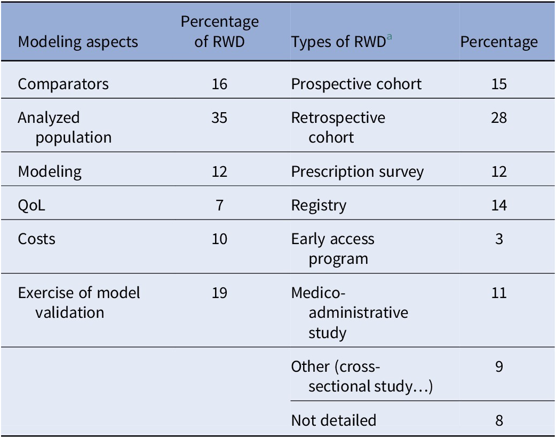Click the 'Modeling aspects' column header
[x=78, y=42]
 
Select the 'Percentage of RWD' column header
[x=219, y=32]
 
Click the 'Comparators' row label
[x=63, y=84]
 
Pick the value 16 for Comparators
[x=219, y=84]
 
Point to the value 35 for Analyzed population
[x=219, y=118]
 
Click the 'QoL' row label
[x=32, y=206]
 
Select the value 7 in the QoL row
[x=219, y=206]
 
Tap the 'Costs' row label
[x=36, y=239]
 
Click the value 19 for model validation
[x=219, y=293]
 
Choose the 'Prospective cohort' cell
[x=356, y=84]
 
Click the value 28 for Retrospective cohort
[x=499, y=118]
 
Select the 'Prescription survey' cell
[x=357, y=172]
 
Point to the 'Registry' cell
[x=319, y=206]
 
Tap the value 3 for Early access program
[x=499, y=239]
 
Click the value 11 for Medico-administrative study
[x=499, y=293]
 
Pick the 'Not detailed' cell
[x=333, y=420]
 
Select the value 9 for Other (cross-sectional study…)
[x=499, y=367]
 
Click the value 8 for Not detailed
[x=499, y=420]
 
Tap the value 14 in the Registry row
[x=499, y=206]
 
